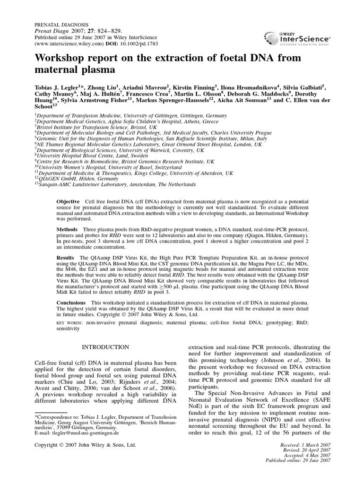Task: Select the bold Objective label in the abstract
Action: pyautogui.click(x=68, y=201)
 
